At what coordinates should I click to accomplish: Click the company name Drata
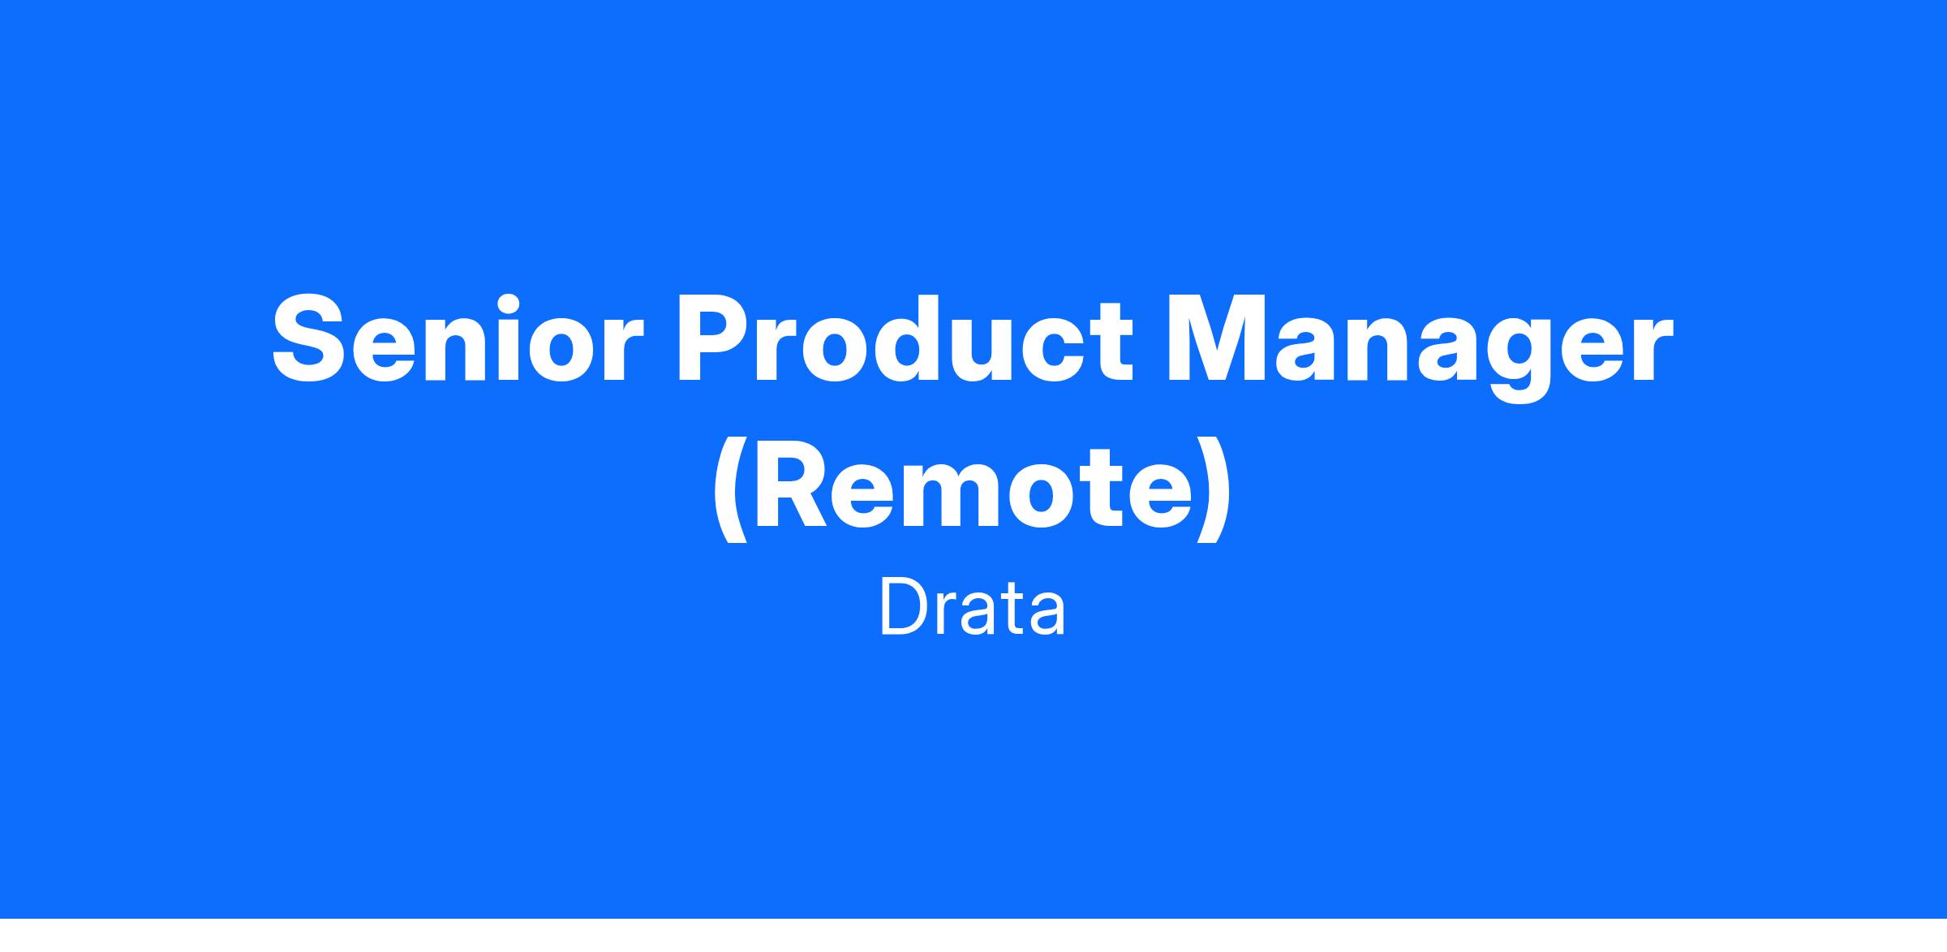pos(972,608)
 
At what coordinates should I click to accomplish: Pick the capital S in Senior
pos(310,338)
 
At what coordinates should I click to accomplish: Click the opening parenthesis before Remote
pos(729,492)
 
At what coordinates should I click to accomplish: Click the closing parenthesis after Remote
pos(1213,492)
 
